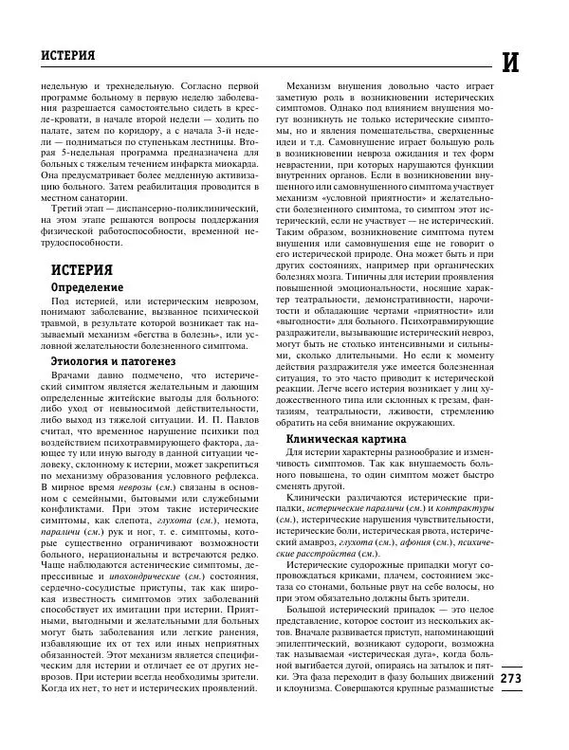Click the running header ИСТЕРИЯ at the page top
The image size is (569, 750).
(68, 55)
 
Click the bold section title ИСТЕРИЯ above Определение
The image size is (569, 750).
(83, 269)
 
